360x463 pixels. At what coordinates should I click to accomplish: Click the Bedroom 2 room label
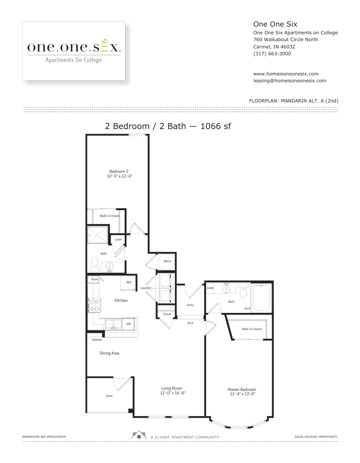coord(119,171)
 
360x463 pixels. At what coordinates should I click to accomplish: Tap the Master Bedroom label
coord(242,389)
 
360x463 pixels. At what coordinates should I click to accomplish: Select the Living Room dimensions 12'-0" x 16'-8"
coord(173,393)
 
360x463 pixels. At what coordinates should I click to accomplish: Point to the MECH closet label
coord(167,262)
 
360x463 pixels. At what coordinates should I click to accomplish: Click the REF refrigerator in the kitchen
coord(129,283)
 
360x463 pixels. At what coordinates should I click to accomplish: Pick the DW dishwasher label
coord(129,324)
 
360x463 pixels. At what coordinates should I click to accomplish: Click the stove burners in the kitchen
coord(94,305)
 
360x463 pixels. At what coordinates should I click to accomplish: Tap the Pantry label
coord(95,280)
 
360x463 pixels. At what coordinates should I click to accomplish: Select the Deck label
coord(109,396)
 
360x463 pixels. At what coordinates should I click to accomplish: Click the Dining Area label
coord(109,353)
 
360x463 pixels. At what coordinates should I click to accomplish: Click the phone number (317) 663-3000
coord(272,54)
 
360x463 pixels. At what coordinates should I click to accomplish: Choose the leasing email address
coord(290,81)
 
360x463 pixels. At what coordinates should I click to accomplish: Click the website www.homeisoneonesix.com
coord(285,74)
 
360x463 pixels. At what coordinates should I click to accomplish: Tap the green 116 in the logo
coord(105,46)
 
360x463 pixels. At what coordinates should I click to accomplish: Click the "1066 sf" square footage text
coord(216,126)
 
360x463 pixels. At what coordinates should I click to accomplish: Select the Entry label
coord(190,305)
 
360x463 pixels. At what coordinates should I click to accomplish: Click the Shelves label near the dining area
coord(97,340)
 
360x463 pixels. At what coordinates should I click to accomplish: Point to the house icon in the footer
coord(139,435)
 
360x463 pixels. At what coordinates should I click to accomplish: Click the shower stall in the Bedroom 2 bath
coord(98,235)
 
